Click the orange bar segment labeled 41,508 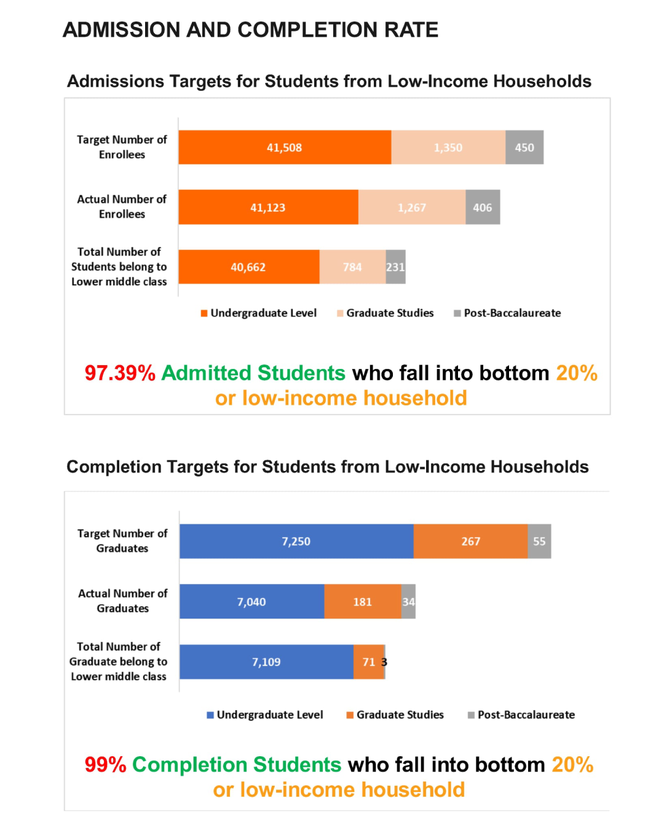coord(285,148)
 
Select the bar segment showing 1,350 coord(448,148)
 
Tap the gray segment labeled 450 coord(524,148)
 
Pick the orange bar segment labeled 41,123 coord(268,207)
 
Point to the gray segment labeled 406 coord(483,207)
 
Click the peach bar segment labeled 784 coord(352,267)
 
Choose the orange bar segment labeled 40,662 coord(248,267)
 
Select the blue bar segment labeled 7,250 coord(296,541)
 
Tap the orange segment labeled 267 coord(470,541)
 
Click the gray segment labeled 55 coord(539,541)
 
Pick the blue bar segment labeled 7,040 coord(251,601)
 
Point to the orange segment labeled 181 coord(362,601)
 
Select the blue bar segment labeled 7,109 coord(266,662)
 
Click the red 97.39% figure coord(120,373)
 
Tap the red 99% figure coord(105,764)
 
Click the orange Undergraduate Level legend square coord(204,314)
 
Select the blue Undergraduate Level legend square coord(210,715)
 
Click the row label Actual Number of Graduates coord(122,601)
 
